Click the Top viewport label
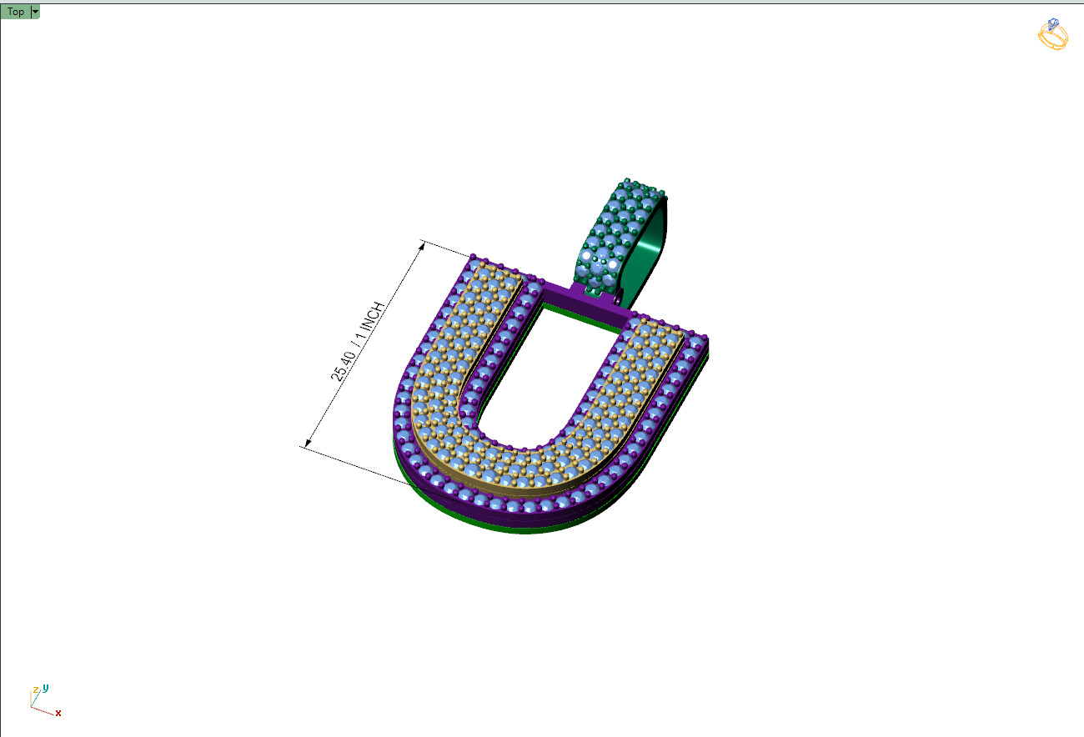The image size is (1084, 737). point(15,12)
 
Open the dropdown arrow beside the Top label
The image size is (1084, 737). point(35,12)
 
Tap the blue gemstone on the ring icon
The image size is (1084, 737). point(1054,23)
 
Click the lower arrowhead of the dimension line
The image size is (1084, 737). point(307,444)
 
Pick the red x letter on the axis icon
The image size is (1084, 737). point(58,713)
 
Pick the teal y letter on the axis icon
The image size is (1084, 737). point(46,688)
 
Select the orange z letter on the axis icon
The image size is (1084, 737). point(35,690)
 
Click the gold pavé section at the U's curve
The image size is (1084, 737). point(517,467)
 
